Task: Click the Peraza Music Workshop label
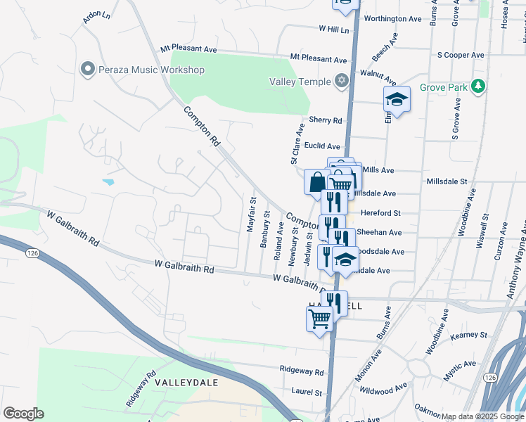pyautogui.click(x=151, y=70)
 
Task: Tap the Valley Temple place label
pyautogui.click(x=300, y=82)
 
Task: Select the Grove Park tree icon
pyautogui.click(x=479, y=87)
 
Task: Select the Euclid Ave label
pyautogui.click(x=323, y=146)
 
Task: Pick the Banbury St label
pyautogui.click(x=265, y=228)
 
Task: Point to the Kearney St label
pyautogui.click(x=469, y=335)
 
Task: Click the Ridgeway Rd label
pyautogui.click(x=301, y=371)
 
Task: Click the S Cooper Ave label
pyautogui.click(x=461, y=55)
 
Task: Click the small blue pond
pyautogui.click(x=108, y=182)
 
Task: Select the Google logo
pyautogui.click(x=23, y=414)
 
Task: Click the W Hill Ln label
pyautogui.click(x=333, y=30)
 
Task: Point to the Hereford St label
pyautogui.click(x=380, y=212)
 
